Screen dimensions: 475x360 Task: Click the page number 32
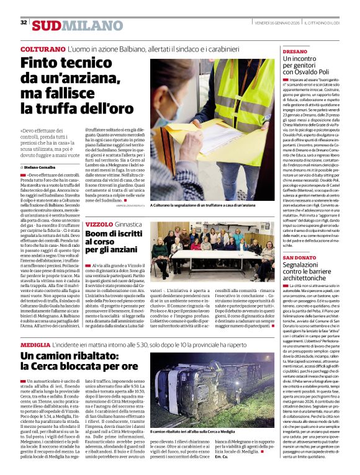23,22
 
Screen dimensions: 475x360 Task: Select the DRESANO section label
295,51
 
